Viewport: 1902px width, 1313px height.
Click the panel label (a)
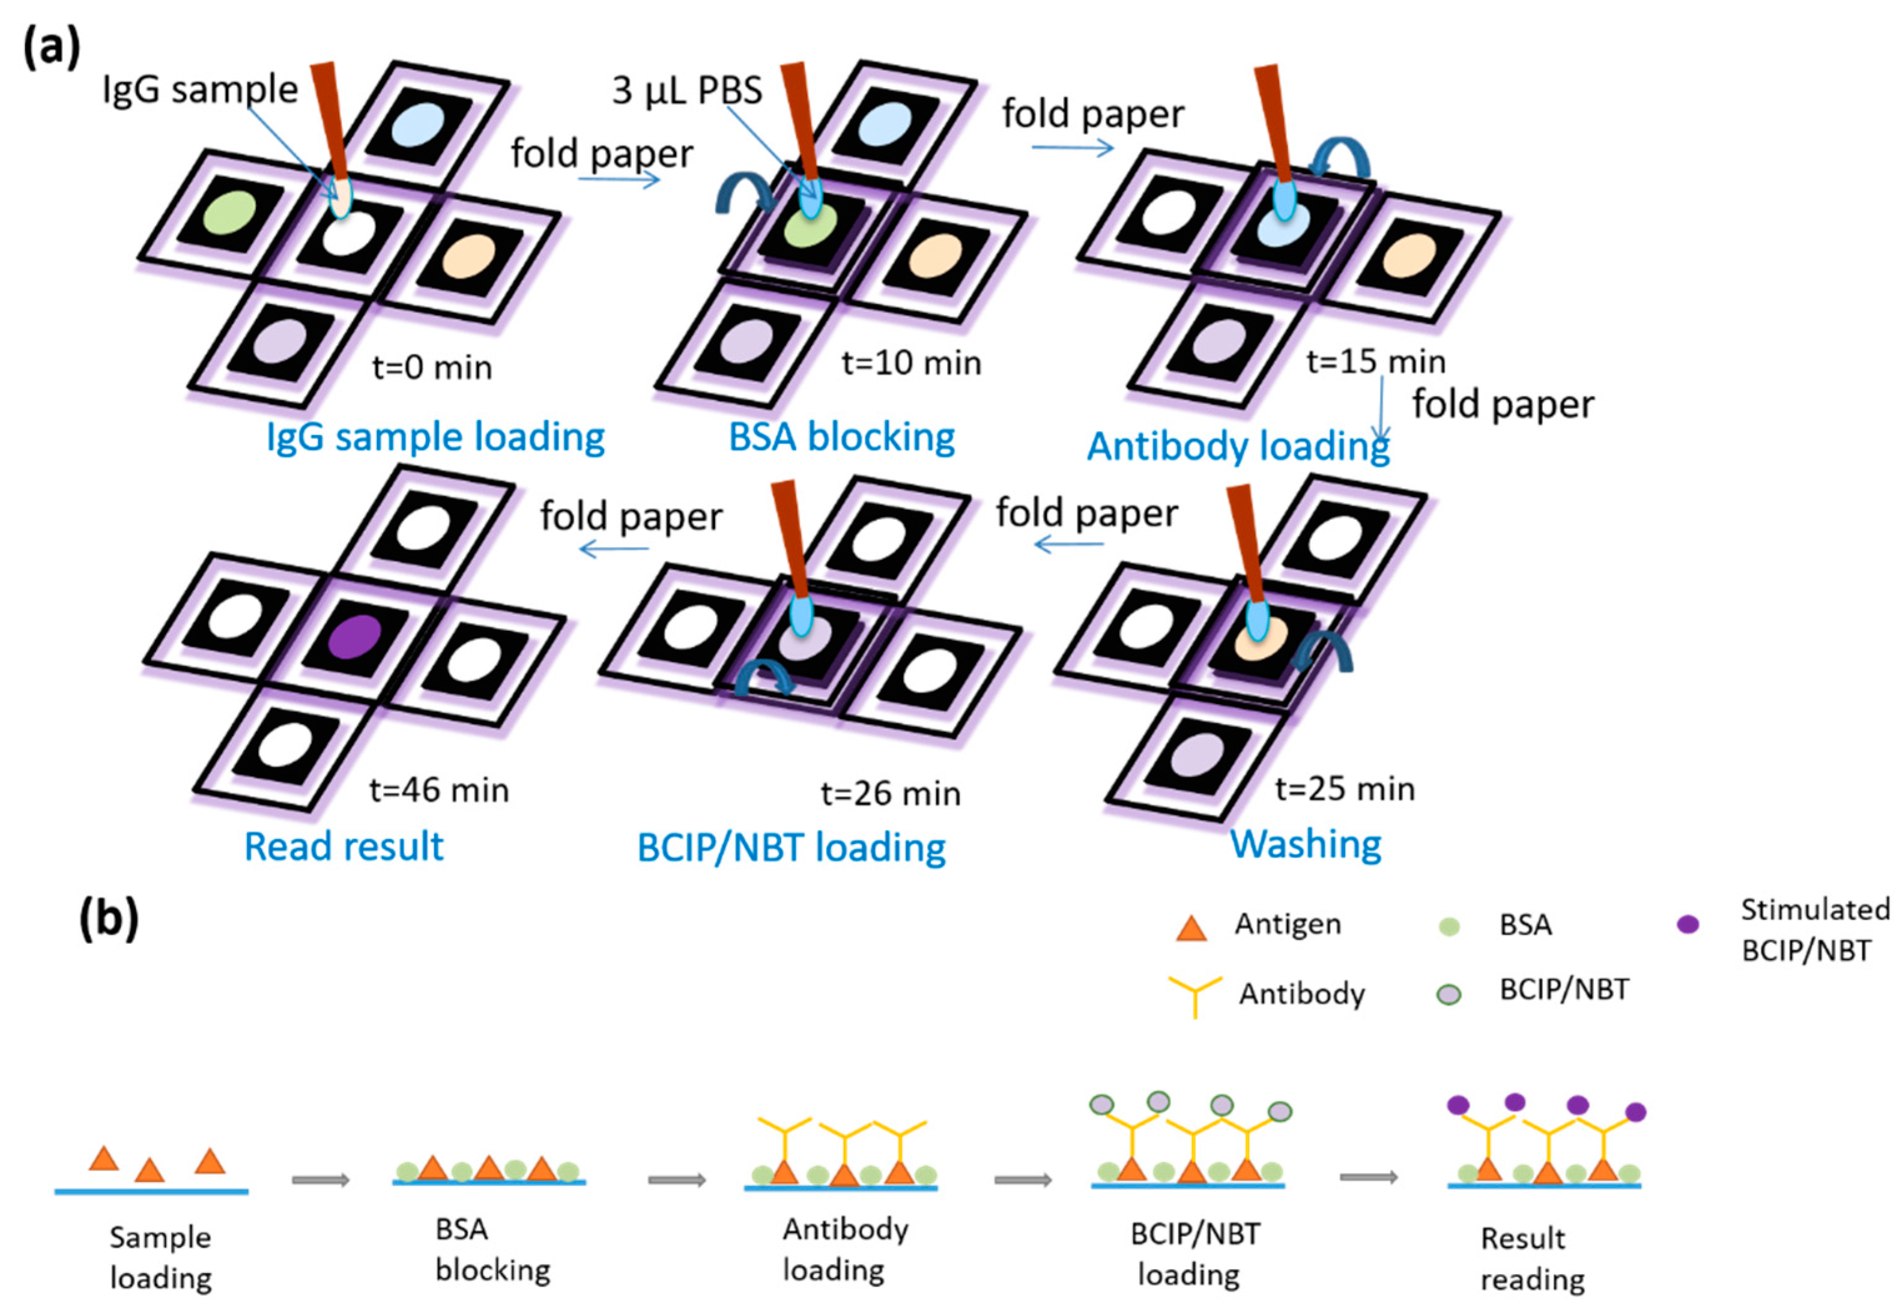click(x=51, y=47)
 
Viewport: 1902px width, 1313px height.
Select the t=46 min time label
click(x=439, y=790)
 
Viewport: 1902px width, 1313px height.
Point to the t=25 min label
click(x=1345, y=788)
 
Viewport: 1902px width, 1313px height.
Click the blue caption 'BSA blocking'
click(x=841, y=437)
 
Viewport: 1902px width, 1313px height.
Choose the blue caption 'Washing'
click(x=1305, y=844)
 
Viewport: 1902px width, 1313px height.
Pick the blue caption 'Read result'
click(x=344, y=847)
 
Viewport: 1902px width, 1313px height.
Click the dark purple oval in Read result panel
click(x=355, y=636)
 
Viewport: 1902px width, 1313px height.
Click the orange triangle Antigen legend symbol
click(x=1191, y=928)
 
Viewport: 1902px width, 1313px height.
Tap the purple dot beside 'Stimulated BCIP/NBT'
click(x=1687, y=925)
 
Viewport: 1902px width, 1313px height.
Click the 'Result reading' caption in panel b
click(x=1531, y=1259)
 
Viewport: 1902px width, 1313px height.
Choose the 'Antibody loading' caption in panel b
click(x=845, y=1249)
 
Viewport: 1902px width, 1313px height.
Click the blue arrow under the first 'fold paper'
click(x=619, y=178)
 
